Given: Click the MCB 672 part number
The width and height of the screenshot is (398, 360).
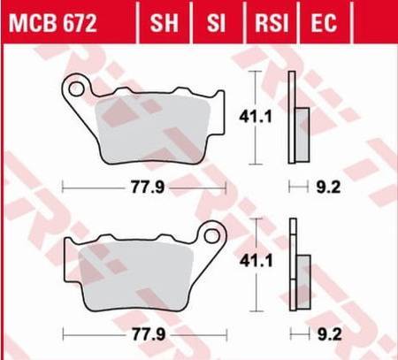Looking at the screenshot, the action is pyautogui.click(x=52, y=23).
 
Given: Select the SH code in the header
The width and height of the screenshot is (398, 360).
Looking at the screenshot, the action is pyautogui.click(x=164, y=23).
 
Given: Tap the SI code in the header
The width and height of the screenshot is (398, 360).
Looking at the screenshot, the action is pyautogui.click(x=216, y=23).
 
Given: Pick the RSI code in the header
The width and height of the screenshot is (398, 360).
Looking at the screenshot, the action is pyautogui.click(x=272, y=23).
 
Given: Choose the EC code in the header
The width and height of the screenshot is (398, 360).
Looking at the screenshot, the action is pyautogui.click(x=324, y=23).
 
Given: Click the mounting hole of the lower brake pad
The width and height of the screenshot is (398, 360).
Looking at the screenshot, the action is pyautogui.click(x=212, y=235).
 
